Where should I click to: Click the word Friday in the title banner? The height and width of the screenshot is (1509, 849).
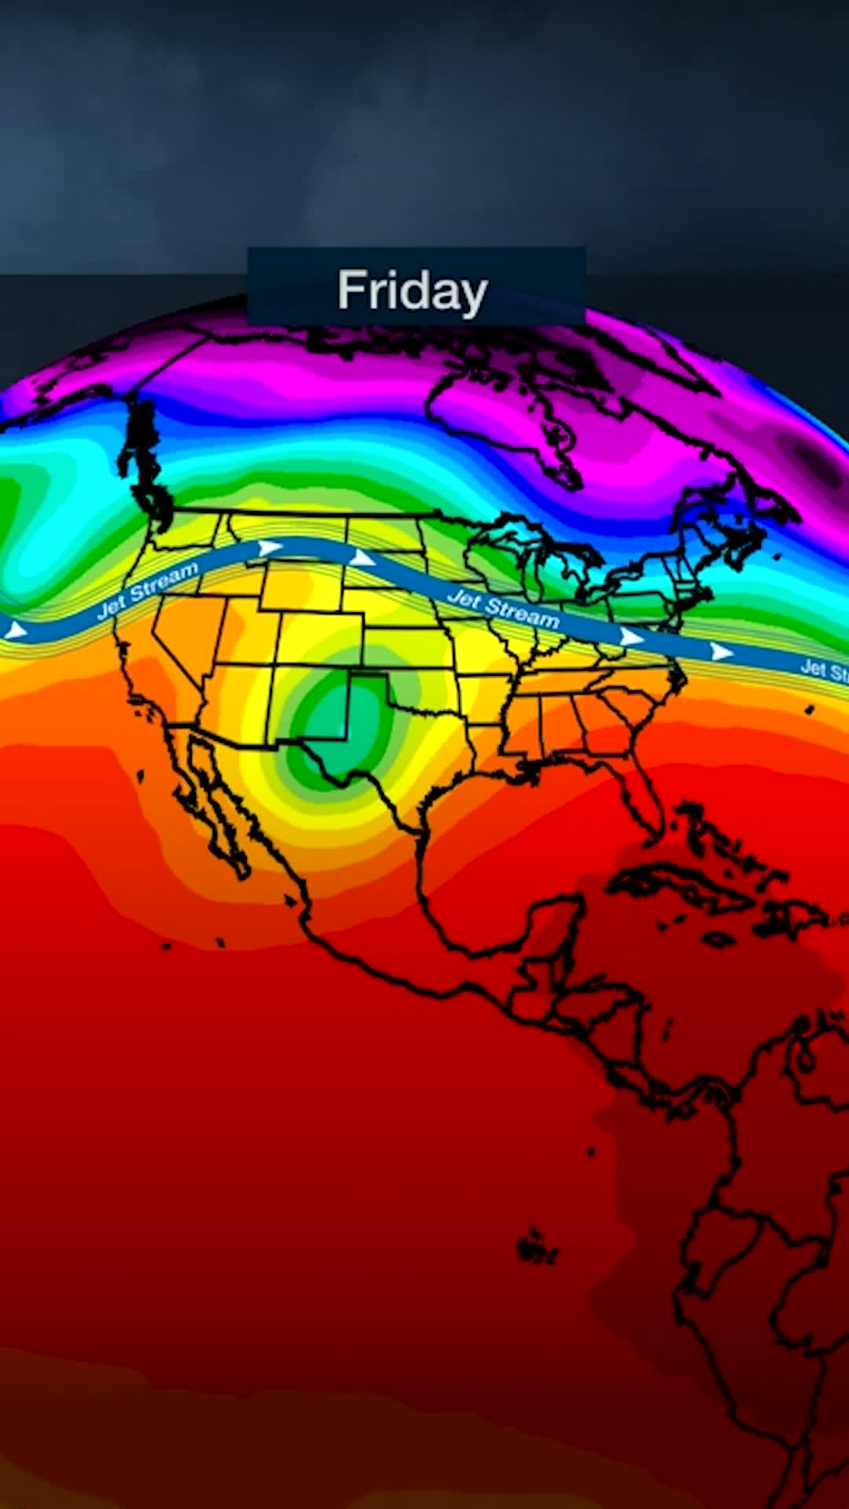(413, 291)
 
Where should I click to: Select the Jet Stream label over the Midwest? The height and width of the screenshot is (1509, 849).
(503, 609)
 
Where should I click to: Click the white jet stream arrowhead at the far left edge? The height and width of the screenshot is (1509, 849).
(14, 630)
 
